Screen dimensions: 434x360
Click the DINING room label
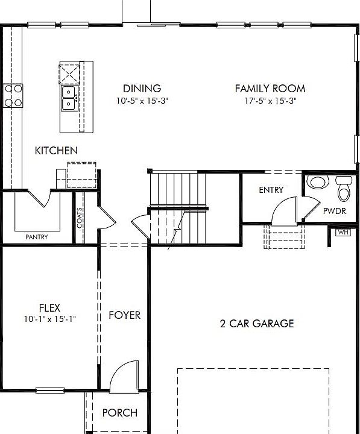coord(142,89)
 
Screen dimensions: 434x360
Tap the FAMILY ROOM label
coord(270,89)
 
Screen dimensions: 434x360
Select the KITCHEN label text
coord(56,151)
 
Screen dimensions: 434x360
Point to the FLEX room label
coord(49,308)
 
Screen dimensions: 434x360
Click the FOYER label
coord(124,315)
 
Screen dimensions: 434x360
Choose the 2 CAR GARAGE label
coord(256,324)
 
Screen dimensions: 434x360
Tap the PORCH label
coord(119,413)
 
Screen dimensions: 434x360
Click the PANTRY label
coord(37,237)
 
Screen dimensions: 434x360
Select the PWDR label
coord(334,212)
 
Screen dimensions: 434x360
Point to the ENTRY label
coord(271,190)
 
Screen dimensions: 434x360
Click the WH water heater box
coord(343,232)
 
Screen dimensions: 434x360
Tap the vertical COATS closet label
coord(80,218)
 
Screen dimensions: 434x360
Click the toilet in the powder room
coord(344,189)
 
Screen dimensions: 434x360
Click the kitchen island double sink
coord(68,97)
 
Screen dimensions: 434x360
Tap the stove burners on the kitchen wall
coord(13,95)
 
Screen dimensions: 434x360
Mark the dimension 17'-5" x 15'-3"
coord(270,101)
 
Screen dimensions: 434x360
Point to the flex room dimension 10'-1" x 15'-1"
coord(49,319)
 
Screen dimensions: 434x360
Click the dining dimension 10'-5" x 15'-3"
coord(142,101)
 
